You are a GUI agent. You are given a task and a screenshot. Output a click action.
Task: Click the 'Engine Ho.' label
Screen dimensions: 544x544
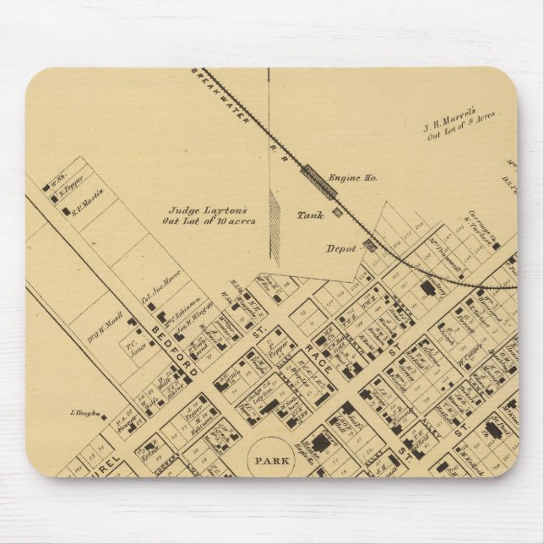352,178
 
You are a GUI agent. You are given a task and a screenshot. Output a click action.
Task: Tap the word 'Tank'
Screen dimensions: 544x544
310,215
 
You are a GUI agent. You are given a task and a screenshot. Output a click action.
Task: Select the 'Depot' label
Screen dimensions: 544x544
340,249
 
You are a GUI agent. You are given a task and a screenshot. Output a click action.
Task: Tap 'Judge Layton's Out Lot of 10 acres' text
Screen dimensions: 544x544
209,217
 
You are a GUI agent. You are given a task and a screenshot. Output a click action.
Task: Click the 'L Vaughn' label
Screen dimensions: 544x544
84,414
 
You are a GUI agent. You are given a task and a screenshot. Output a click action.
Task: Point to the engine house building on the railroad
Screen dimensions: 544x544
319,179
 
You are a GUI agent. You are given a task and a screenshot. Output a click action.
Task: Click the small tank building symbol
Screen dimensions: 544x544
337,213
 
